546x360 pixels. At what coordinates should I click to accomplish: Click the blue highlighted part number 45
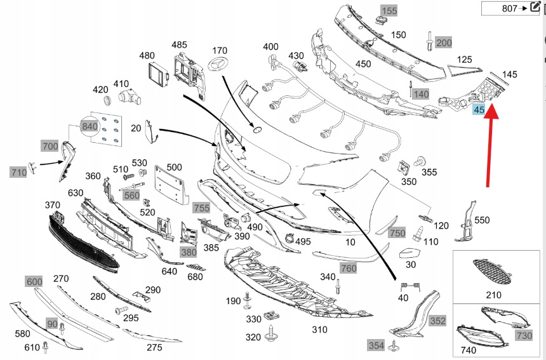pyautogui.click(x=479, y=110)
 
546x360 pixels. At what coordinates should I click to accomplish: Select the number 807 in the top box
pyautogui.click(x=509, y=8)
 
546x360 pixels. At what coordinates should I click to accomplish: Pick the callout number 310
pyautogui.click(x=319, y=330)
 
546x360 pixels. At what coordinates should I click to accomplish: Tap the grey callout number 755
pyautogui.click(x=201, y=208)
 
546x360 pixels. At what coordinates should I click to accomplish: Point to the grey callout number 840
pyautogui.click(x=90, y=126)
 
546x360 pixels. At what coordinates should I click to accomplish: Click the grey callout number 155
pyautogui.click(x=389, y=10)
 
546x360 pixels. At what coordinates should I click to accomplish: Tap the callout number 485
pyautogui.click(x=180, y=44)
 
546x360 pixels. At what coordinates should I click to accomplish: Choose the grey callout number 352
pyautogui.click(x=437, y=321)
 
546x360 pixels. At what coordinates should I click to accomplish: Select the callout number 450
pyautogui.click(x=363, y=64)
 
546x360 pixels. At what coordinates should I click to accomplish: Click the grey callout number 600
pyautogui.click(x=34, y=281)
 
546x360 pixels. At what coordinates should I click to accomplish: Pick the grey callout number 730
pyautogui.click(x=524, y=335)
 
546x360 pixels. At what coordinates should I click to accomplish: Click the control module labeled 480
pyautogui.click(x=156, y=75)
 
